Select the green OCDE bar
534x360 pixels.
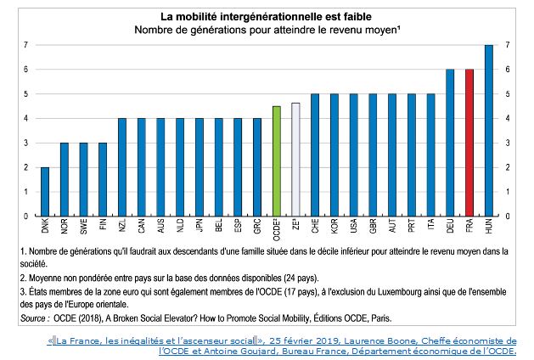pyautogui.click(x=275, y=160)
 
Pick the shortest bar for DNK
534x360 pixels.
pyautogui.click(x=43, y=191)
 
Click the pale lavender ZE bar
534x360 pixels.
pyautogui.click(x=295, y=159)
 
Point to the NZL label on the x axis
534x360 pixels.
pyautogui.click(x=122, y=228)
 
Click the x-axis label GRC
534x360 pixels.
pyautogui.click(x=256, y=228)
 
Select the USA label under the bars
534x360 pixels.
pyautogui.click(x=352, y=228)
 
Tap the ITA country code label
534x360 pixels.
pyautogui.click(x=430, y=228)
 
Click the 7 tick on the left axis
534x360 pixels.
pyautogui.click(x=25, y=45)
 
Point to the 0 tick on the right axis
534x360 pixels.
pyautogui.click(x=507, y=216)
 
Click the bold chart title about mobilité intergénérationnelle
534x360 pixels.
pyautogui.click(x=265, y=15)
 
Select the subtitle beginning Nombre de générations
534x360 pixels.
pyautogui.click(x=265, y=30)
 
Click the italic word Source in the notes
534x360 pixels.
pyautogui.click(x=36, y=318)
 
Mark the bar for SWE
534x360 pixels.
pyautogui.click(x=82, y=179)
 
